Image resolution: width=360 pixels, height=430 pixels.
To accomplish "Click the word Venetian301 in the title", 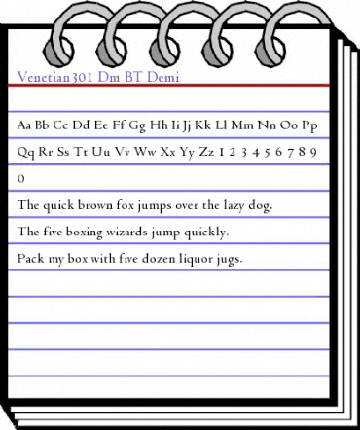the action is tap(57, 75).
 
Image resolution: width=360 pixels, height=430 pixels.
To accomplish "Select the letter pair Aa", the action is tap(25, 125).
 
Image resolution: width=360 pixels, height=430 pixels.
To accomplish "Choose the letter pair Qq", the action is tap(26, 152).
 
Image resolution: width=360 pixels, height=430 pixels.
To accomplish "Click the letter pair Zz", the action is tap(206, 152).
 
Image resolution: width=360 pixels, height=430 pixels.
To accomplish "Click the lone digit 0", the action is tap(21, 179).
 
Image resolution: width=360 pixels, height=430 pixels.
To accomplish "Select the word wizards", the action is tap(137, 233).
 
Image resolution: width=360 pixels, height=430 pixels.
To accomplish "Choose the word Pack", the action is tap(30, 259).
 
